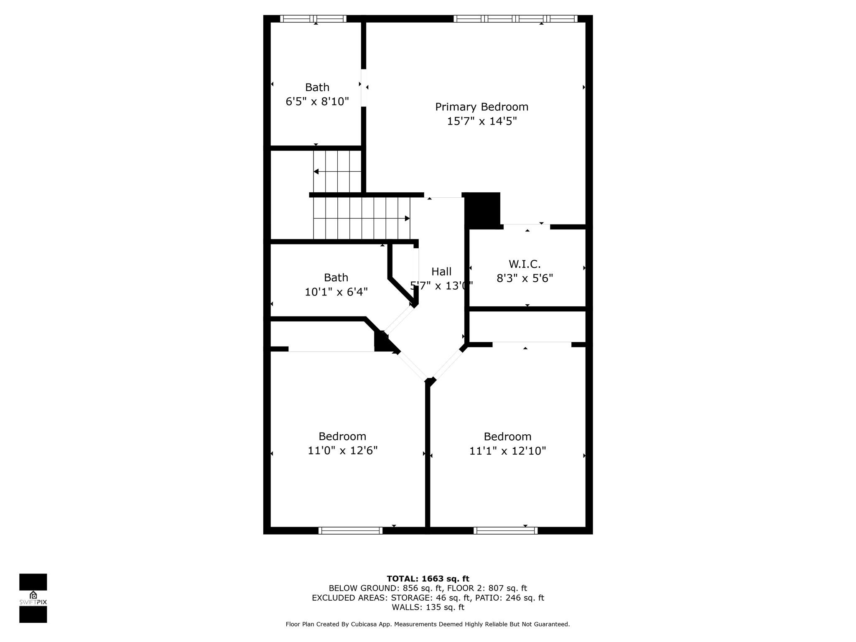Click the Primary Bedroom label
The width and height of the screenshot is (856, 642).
(x=481, y=107)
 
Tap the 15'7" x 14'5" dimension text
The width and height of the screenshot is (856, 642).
(x=482, y=121)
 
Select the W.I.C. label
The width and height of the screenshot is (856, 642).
(x=525, y=264)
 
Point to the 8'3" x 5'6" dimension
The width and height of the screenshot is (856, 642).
(x=525, y=278)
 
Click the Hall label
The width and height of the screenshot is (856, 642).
(x=441, y=272)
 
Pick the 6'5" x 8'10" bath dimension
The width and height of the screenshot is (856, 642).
(x=317, y=102)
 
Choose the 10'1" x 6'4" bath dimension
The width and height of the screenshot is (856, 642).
(x=336, y=292)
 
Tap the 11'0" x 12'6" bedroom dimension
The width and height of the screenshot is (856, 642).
(x=343, y=451)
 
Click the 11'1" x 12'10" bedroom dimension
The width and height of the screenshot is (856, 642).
(x=508, y=451)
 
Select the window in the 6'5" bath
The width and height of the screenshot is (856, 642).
(x=313, y=18)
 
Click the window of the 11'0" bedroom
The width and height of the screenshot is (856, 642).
(x=350, y=530)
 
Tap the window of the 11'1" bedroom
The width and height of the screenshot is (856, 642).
(x=506, y=530)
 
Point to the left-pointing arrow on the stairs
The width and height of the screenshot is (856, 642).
(x=337, y=171)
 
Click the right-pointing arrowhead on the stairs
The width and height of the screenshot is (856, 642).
(x=407, y=218)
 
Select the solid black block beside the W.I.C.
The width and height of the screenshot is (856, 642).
(x=483, y=209)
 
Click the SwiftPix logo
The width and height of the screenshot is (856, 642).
(x=33, y=598)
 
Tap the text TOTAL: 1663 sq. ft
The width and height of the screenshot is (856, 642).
(x=428, y=578)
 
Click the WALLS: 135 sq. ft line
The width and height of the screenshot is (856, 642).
(x=428, y=607)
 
